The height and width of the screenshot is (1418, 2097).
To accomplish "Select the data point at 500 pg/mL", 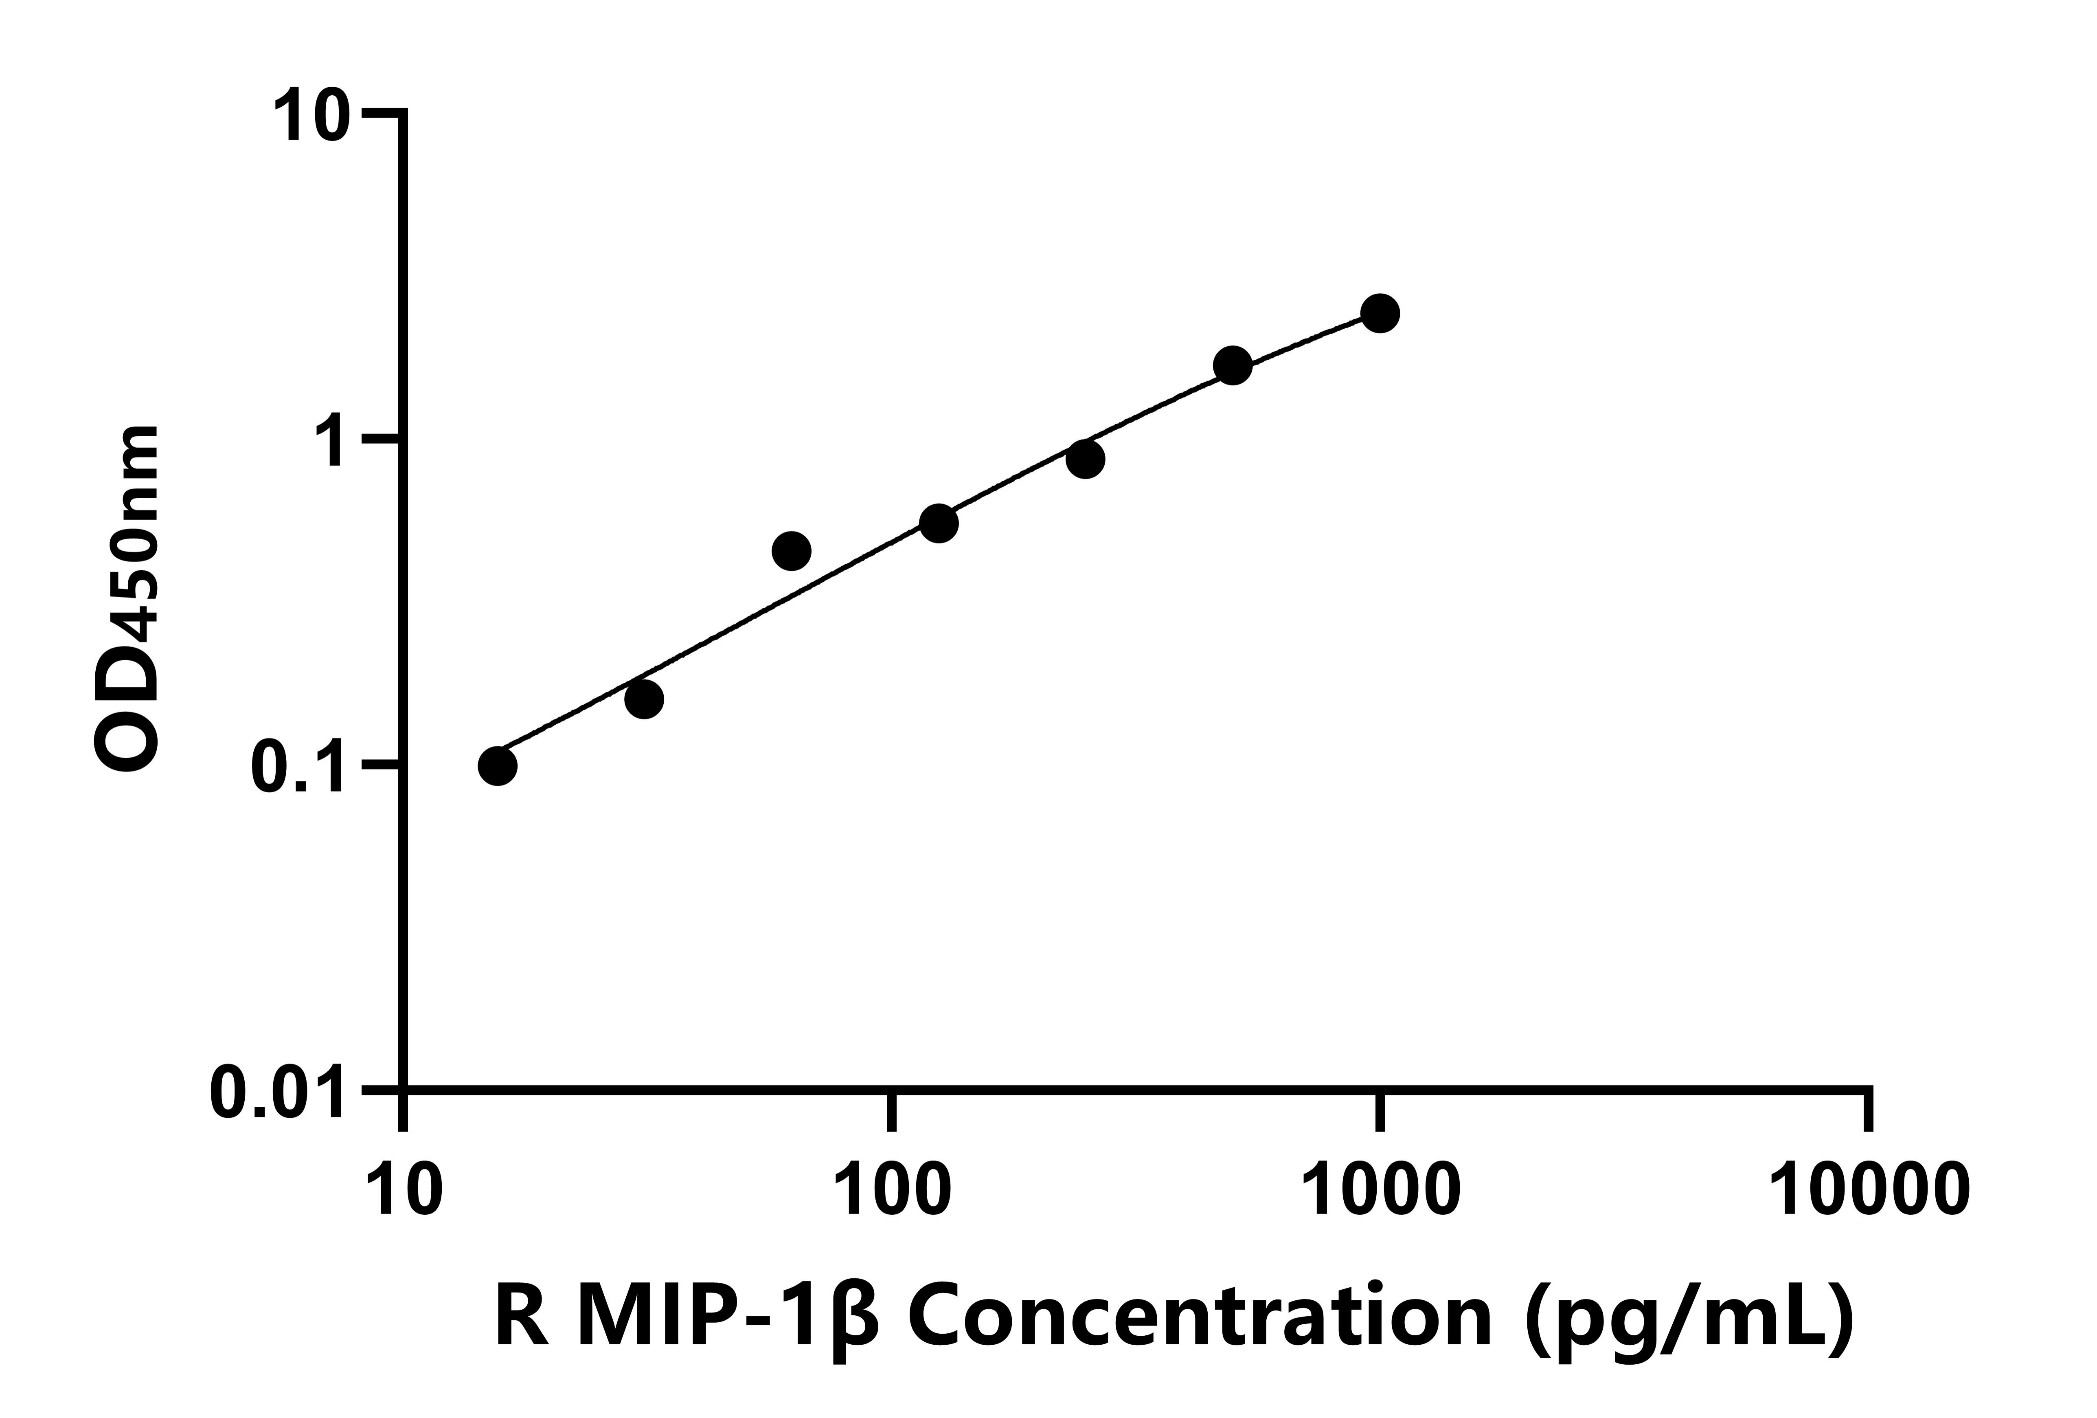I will [x=1233, y=365].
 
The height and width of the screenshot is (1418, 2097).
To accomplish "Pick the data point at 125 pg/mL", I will [x=939, y=523].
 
